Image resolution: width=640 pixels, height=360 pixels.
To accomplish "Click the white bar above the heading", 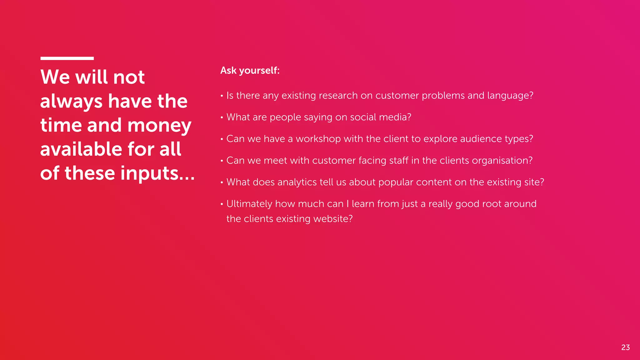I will click(67, 58).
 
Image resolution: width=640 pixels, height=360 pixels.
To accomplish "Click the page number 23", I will click(625, 347).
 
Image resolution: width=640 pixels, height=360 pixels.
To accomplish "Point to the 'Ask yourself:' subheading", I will click(250, 70).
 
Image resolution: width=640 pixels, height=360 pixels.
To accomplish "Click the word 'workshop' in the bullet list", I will click(318, 139).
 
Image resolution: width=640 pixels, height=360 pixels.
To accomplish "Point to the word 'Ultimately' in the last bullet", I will click(249, 204).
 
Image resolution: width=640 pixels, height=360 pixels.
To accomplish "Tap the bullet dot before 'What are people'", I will click(222, 118).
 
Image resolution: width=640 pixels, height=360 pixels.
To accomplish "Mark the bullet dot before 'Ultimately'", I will click(222, 204).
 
